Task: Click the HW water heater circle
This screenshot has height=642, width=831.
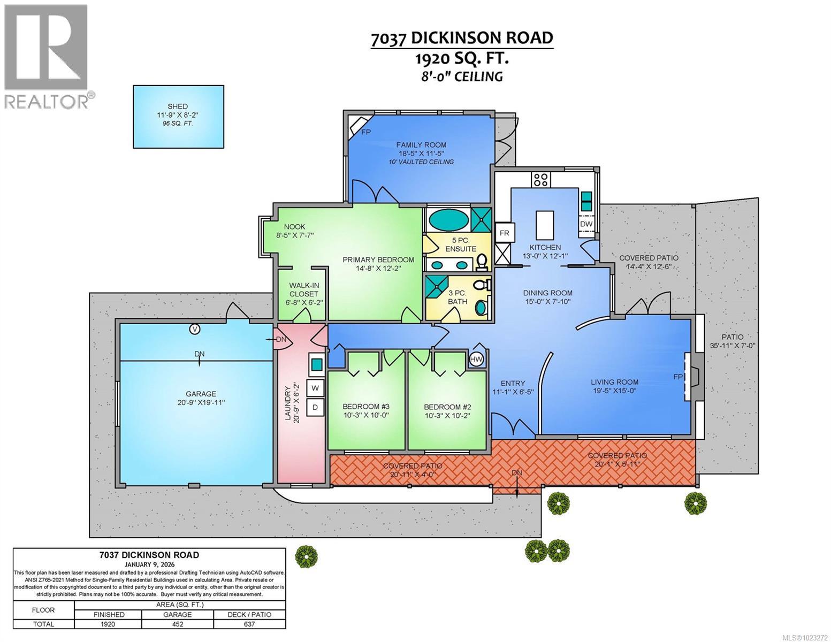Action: (x=476, y=359)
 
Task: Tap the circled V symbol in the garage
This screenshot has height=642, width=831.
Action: (x=195, y=329)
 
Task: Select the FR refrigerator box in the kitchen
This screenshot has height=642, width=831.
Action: (x=505, y=233)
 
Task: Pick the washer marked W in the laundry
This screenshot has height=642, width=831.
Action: (x=315, y=388)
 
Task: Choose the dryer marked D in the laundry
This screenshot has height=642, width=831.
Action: (x=315, y=407)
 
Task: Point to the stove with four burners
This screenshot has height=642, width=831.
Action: (x=541, y=180)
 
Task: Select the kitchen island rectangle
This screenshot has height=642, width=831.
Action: (x=545, y=225)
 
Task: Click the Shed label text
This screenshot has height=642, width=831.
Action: (x=178, y=106)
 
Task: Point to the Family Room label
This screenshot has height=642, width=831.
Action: (x=421, y=145)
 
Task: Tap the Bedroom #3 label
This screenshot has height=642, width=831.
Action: (x=366, y=407)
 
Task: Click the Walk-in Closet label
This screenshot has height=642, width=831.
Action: (x=303, y=289)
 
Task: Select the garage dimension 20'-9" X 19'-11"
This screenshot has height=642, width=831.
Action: (x=201, y=402)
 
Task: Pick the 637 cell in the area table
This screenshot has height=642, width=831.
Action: (x=249, y=624)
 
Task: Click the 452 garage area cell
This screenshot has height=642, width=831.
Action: (x=178, y=624)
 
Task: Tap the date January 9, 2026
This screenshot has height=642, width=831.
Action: (x=149, y=564)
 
